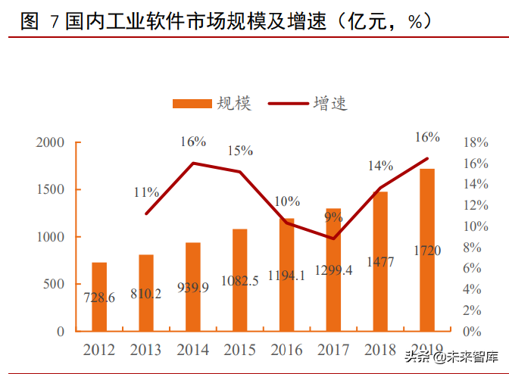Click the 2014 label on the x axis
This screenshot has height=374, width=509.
tap(192, 351)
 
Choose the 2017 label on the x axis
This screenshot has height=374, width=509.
tap(333, 351)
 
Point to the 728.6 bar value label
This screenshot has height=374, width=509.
tap(99, 298)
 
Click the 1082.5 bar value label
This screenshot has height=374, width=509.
tap(239, 281)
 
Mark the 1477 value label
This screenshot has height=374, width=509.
tap(380, 262)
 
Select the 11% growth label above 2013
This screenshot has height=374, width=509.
tap(146, 192)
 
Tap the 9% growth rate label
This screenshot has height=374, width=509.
tap(333, 217)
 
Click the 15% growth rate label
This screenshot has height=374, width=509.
tap(239, 151)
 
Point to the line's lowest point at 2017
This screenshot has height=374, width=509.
tap(333, 238)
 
